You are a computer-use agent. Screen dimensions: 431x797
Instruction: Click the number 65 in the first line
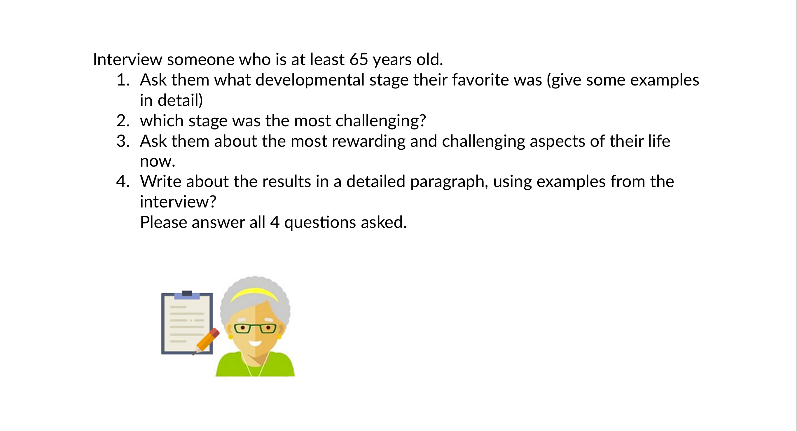359,60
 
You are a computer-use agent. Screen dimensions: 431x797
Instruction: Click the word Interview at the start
127,60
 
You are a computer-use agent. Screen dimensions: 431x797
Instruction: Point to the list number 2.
123,121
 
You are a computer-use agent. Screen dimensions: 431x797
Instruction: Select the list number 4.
123,182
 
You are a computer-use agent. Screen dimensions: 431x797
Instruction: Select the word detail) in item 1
180,101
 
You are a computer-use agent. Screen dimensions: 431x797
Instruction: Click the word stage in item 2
208,121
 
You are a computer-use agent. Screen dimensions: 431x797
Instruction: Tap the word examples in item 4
571,182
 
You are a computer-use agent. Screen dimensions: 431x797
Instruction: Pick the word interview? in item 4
178,202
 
